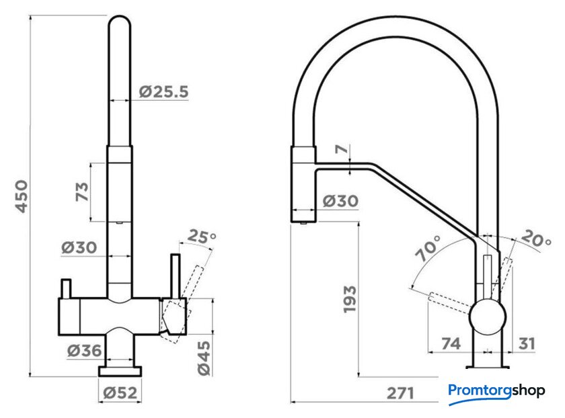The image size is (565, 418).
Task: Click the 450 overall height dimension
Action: [x=22, y=196]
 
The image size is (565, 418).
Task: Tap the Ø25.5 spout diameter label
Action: [x=163, y=93]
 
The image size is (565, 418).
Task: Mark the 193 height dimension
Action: [x=350, y=300]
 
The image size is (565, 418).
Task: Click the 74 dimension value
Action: [x=450, y=344]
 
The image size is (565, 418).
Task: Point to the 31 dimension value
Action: [x=527, y=344]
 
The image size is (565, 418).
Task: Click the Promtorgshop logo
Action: [x=496, y=390]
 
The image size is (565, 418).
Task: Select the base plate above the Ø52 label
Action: [x=120, y=370]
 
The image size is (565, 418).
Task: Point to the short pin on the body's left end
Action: [x=66, y=288]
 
